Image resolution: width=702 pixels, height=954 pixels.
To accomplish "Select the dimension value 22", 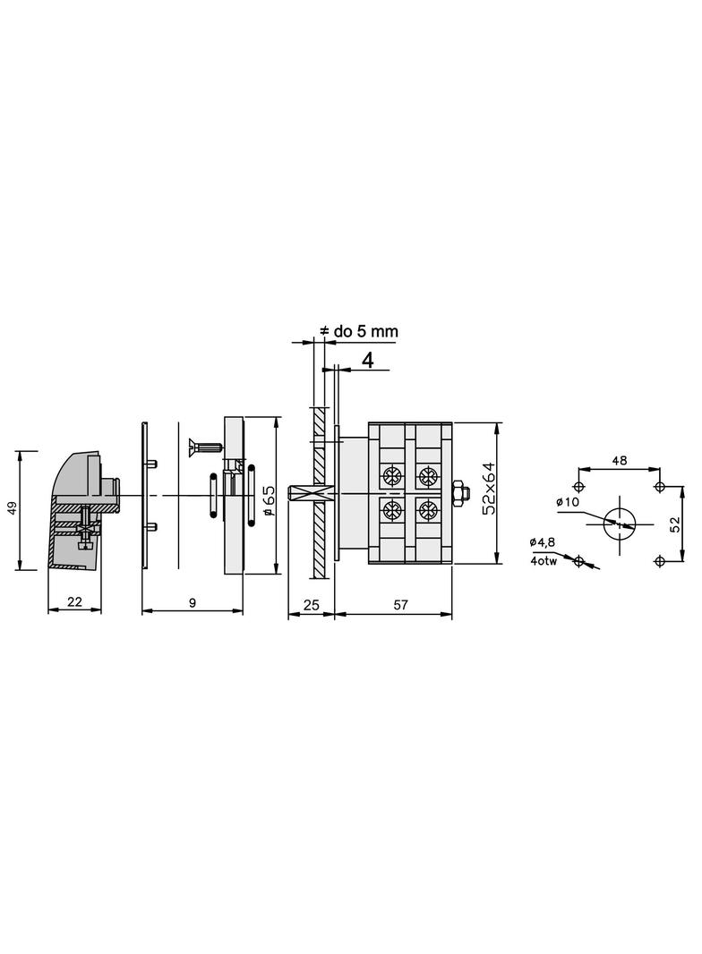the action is (74, 601).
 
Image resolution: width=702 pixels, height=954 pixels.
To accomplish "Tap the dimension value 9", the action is (193, 602).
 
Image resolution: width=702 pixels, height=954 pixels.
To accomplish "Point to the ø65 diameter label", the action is (270, 500).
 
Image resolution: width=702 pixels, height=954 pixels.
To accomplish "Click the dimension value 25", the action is (311, 604).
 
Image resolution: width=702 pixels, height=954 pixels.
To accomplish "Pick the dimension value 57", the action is (400, 604).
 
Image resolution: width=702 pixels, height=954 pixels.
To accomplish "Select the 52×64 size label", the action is (489, 489).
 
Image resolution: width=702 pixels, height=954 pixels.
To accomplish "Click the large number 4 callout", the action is (368, 360).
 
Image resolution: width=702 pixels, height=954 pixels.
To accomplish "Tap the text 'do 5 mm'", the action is (365, 331).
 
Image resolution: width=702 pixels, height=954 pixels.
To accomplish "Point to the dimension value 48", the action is (620, 461).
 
